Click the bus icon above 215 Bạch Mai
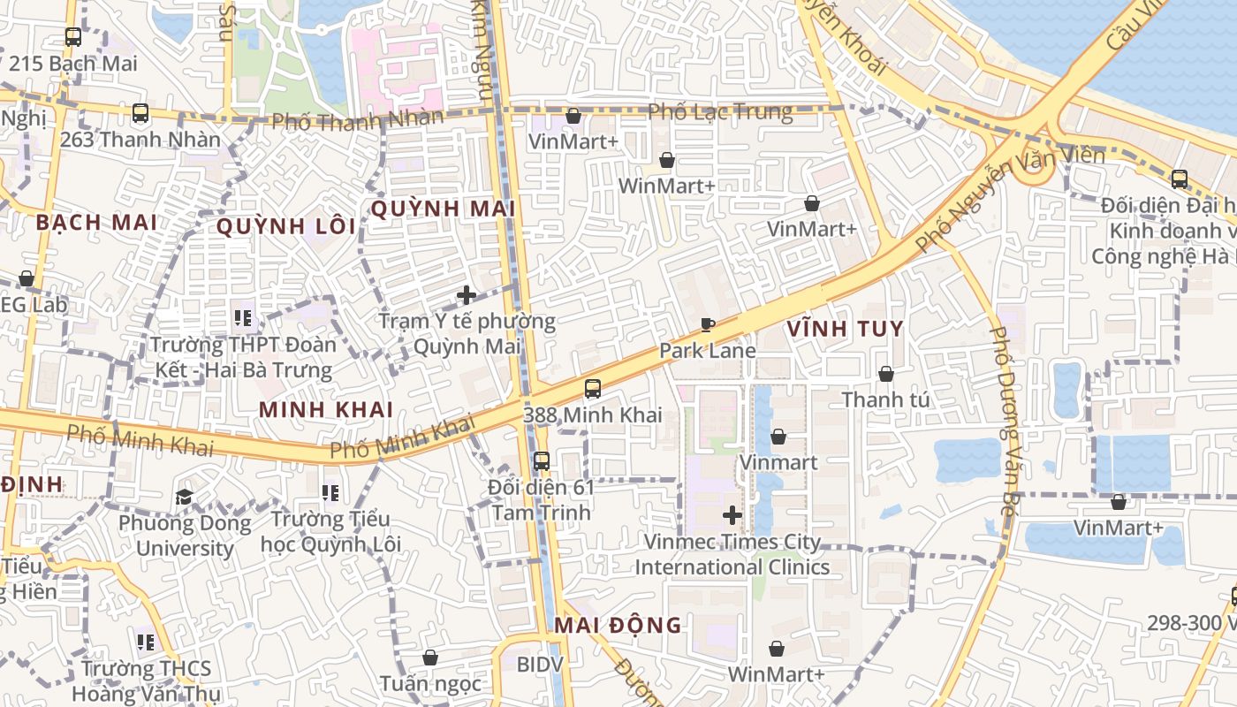tap(73, 37)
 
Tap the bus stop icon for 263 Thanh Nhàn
tap(140, 113)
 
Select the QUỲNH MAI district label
tap(443, 209)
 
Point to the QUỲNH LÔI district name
tap(286, 226)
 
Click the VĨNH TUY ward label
tap(846, 329)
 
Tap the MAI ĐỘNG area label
tap(618, 626)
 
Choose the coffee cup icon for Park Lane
tap(707, 324)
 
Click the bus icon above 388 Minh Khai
tap(593, 388)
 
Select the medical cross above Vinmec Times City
tap(732, 514)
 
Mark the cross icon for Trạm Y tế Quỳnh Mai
tap(467, 294)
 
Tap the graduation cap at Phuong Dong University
tap(185, 497)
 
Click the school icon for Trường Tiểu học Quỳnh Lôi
tap(330, 491)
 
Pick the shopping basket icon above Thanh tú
tap(885, 374)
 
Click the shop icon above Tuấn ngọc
tap(430, 658)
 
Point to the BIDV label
tap(539, 664)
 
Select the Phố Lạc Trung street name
tap(720, 111)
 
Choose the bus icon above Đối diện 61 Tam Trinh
tap(542, 460)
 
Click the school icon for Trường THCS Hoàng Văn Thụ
tap(146, 642)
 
